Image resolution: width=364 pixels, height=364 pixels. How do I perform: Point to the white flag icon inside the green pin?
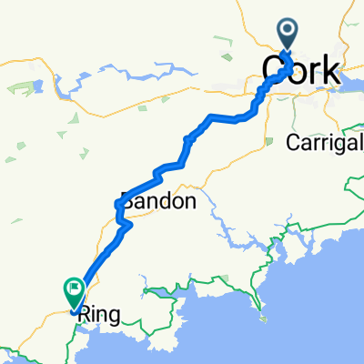73,289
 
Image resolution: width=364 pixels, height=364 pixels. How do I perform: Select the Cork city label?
301,70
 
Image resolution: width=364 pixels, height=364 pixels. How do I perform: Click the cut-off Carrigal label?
324,142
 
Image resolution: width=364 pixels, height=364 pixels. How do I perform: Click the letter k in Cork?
330,70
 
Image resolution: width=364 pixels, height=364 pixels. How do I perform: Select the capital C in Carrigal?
292,142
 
